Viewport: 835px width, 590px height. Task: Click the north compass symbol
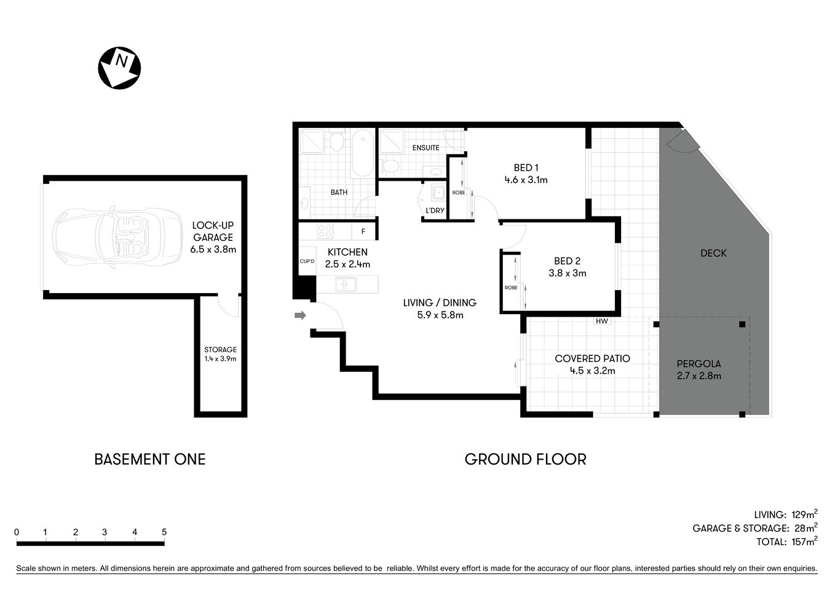(x=119, y=68)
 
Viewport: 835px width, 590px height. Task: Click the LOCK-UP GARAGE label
(x=213, y=231)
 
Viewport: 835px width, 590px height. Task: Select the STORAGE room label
(x=220, y=350)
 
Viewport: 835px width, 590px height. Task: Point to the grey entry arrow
(x=300, y=316)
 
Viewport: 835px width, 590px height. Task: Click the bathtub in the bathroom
(x=362, y=152)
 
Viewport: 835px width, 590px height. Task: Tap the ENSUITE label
(x=425, y=147)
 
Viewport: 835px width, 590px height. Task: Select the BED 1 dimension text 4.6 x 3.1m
(x=526, y=180)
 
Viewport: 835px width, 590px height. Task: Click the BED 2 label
(x=567, y=261)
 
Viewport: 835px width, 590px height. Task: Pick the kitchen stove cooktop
(x=325, y=232)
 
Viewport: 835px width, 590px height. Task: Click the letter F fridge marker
(x=363, y=232)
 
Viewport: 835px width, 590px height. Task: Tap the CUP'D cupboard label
(x=307, y=261)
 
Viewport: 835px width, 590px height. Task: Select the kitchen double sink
(x=345, y=285)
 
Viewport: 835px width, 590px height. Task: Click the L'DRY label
(x=435, y=211)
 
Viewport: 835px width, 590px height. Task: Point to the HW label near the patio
(x=601, y=321)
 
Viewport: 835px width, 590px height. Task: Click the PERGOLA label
(x=698, y=363)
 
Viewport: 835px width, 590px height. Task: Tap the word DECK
(x=713, y=253)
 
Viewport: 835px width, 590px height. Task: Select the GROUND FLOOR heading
(x=525, y=459)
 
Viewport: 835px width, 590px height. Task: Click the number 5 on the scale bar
(x=164, y=532)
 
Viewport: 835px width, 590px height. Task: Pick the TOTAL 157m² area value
(x=803, y=541)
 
